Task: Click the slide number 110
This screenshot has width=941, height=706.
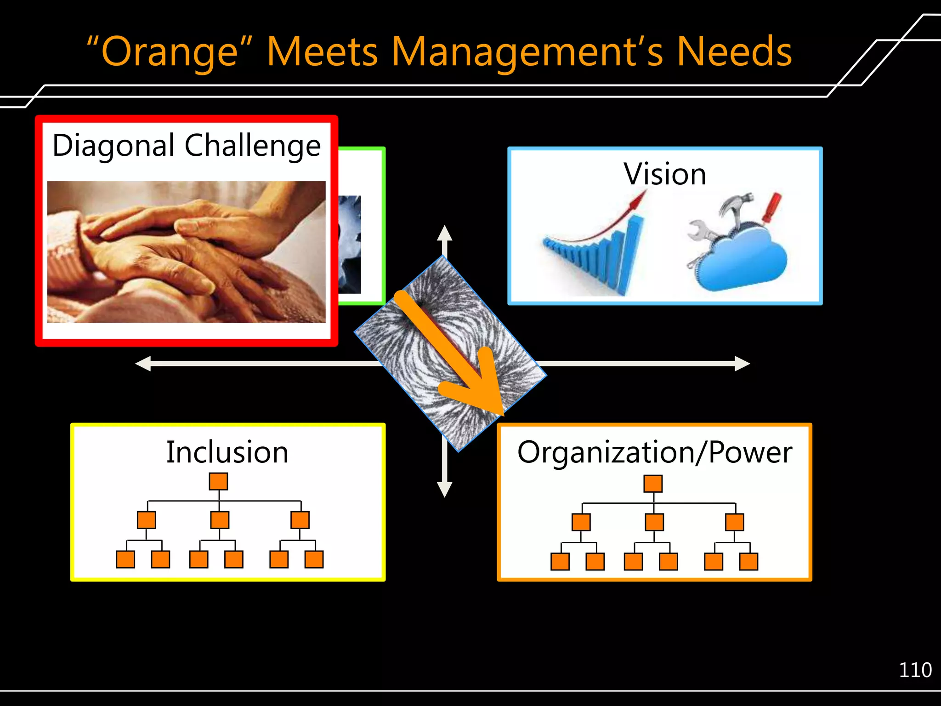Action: coord(915,670)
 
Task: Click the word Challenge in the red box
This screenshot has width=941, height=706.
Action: coord(252,146)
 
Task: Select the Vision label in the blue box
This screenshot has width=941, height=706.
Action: coord(664,174)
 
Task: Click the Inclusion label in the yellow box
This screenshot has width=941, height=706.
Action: coord(227,452)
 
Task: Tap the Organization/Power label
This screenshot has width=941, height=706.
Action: coord(655,452)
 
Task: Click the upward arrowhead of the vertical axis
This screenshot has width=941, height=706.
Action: coord(444,233)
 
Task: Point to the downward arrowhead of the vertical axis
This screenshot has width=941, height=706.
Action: coord(444,490)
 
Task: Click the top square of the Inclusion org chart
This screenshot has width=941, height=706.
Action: coord(218,481)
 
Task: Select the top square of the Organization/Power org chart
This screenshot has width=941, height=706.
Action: coord(653,484)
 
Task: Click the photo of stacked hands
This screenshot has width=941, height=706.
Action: coord(186,251)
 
